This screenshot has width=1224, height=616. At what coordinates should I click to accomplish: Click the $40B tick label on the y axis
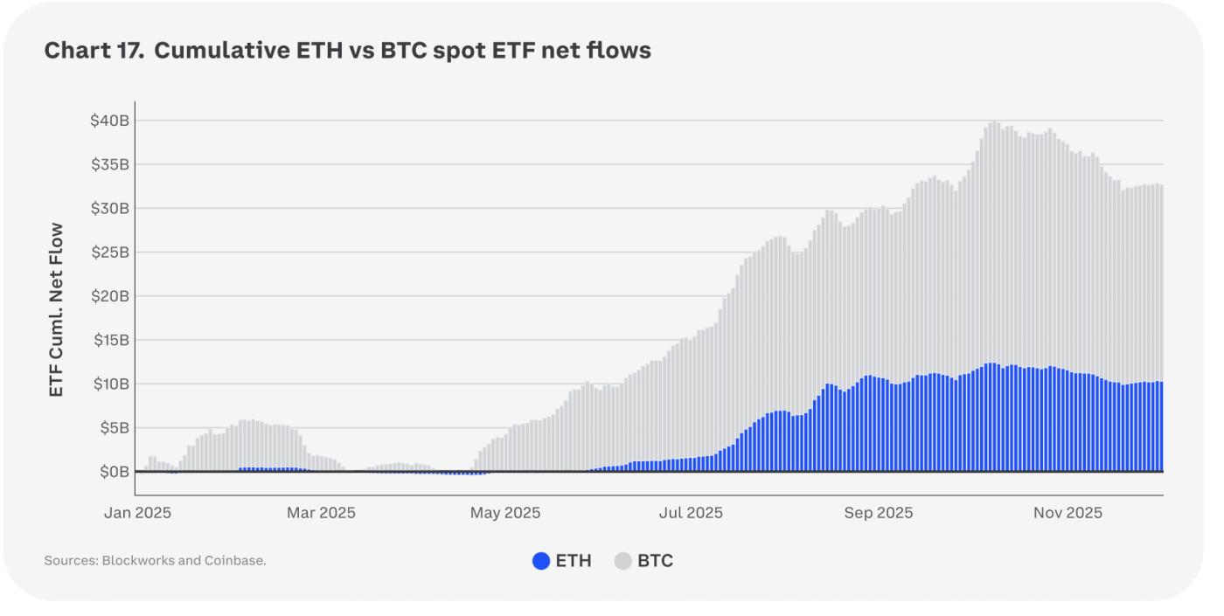109,121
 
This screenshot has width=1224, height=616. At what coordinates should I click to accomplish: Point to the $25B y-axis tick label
109,253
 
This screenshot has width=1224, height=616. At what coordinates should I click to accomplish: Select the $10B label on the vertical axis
109,384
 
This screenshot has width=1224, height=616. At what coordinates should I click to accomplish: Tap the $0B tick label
113,472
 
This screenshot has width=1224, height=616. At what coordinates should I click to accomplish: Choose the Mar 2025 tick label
321,513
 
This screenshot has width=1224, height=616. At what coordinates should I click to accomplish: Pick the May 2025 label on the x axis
504,513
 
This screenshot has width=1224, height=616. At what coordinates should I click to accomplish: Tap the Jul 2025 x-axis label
691,513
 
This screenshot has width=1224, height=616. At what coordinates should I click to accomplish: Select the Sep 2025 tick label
878,513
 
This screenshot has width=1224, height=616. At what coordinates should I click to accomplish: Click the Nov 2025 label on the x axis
1067,513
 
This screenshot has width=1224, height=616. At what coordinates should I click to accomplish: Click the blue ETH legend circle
541,561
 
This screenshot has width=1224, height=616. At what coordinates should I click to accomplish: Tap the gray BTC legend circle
623,561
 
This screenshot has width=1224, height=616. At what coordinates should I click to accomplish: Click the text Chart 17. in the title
94,51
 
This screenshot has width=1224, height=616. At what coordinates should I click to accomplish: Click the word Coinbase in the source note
234,561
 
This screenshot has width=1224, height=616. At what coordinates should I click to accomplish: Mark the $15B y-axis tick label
109,340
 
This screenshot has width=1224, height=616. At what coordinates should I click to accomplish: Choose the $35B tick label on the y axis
109,164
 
